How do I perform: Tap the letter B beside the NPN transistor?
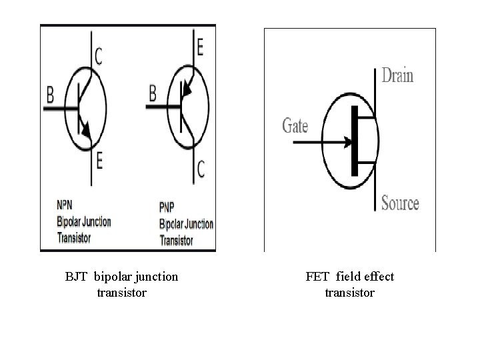coord(50,96)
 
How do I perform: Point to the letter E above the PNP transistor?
coord(200,47)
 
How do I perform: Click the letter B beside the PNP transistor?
coord(152,93)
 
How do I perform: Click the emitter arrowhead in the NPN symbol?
coord(85,126)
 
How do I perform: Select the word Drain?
coord(397,75)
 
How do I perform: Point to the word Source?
coord(400,203)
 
